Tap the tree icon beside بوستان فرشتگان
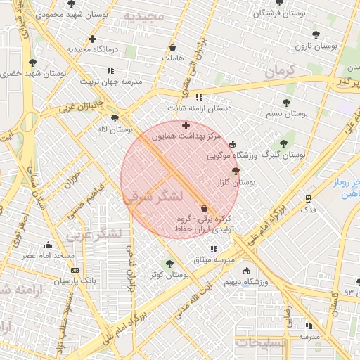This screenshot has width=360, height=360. (279, 3)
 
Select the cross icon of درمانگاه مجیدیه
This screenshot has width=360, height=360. (93, 39)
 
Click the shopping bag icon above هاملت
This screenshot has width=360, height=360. (172, 48)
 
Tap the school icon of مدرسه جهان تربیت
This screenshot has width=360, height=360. (110, 70)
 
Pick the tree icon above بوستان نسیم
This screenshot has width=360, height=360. (286, 103)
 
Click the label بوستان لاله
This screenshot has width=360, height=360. (116, 129)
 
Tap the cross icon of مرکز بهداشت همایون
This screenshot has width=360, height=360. (186, 125)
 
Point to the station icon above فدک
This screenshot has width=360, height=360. (308, 198)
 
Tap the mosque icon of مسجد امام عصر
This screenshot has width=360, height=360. (48, 245)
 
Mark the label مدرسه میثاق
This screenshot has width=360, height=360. (212, 260)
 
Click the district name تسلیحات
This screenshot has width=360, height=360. (261, 342)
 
